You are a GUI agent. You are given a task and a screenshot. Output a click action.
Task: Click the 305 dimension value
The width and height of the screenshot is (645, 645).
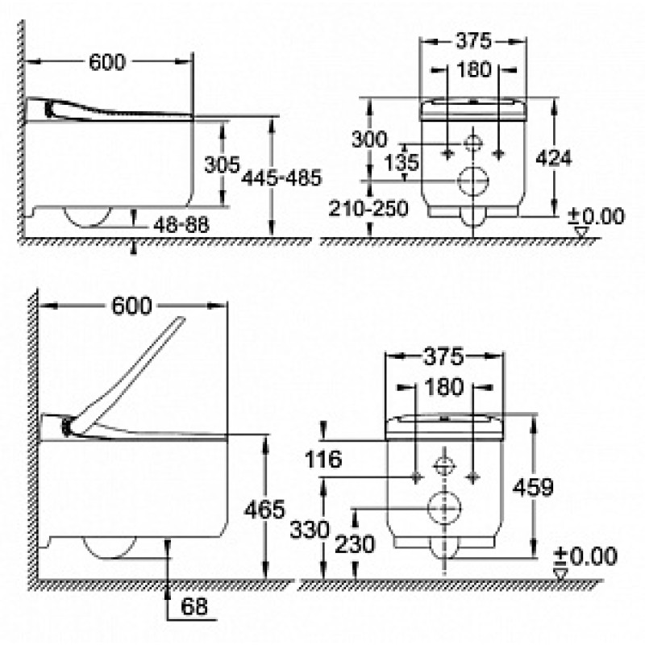[x=221, y=164]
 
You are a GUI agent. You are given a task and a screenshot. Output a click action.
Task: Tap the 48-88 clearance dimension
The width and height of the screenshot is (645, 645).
[x=181, y=226]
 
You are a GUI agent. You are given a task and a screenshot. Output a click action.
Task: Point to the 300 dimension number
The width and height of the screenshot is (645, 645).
[x=369, y=139]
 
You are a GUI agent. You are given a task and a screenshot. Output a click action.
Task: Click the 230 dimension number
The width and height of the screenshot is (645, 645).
[x=356, y=544]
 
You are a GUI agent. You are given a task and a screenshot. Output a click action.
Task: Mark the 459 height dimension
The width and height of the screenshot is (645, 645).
[x=533, y=486]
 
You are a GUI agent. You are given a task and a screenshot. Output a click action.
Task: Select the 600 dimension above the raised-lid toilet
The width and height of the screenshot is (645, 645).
[x=132, y=306]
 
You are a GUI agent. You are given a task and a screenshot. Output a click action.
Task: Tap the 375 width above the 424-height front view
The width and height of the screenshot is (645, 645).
[x=473, y=40]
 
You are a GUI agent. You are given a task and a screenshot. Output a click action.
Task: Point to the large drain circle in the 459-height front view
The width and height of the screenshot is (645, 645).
[x=442, y=507]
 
